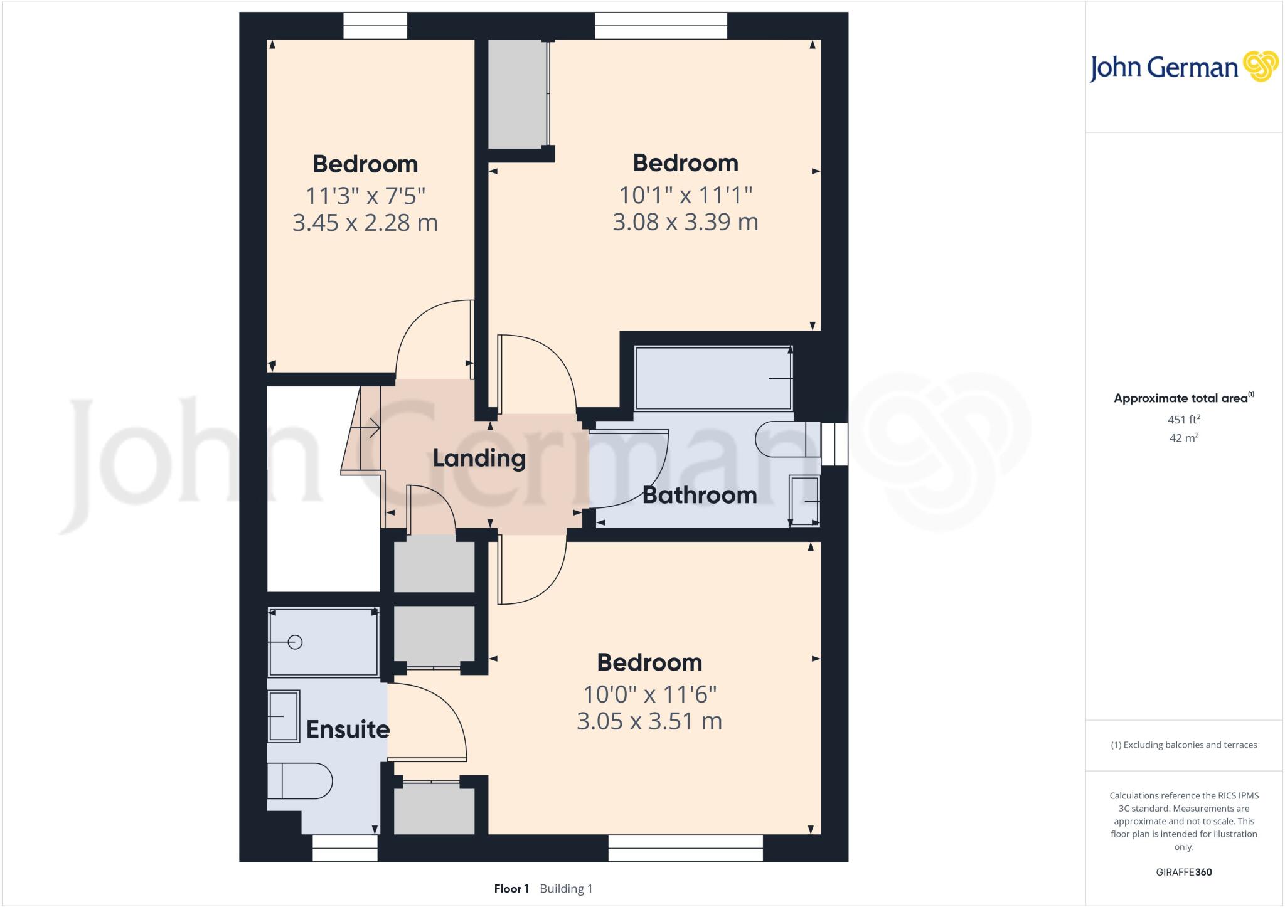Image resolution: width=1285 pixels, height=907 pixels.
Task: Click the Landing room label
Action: click(x=479, y=458)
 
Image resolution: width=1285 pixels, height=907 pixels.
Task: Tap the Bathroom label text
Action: click(x=699, y=495)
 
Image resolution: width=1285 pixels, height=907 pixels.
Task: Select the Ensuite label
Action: click(x=348, y=729)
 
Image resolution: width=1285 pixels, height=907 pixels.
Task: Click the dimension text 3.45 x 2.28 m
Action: click(x=365, y=223)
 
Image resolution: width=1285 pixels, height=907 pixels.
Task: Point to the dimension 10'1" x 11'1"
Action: click(x=685, y=195)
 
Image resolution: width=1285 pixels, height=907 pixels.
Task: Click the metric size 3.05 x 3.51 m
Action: click(x=649, y=721)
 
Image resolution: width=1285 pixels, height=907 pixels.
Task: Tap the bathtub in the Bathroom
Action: click(x=713, y=378)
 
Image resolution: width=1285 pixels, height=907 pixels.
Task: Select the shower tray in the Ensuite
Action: click(x=323, y=642)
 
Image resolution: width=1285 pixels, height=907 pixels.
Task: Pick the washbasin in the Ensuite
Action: click(x=284, y=716)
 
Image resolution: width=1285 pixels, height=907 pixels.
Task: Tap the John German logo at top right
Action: click(x=1183, y=67)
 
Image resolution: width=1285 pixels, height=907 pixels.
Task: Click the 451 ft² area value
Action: click(x=1183, y=419)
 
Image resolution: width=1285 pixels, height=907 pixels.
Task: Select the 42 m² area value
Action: click(x=1183, y=438)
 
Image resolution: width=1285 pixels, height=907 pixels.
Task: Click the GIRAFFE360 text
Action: click(x=1183, y=872)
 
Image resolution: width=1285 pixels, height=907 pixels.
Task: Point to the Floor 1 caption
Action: click(x=511, y=889)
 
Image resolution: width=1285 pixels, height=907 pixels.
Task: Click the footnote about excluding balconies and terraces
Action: click(x=1183, y=745)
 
